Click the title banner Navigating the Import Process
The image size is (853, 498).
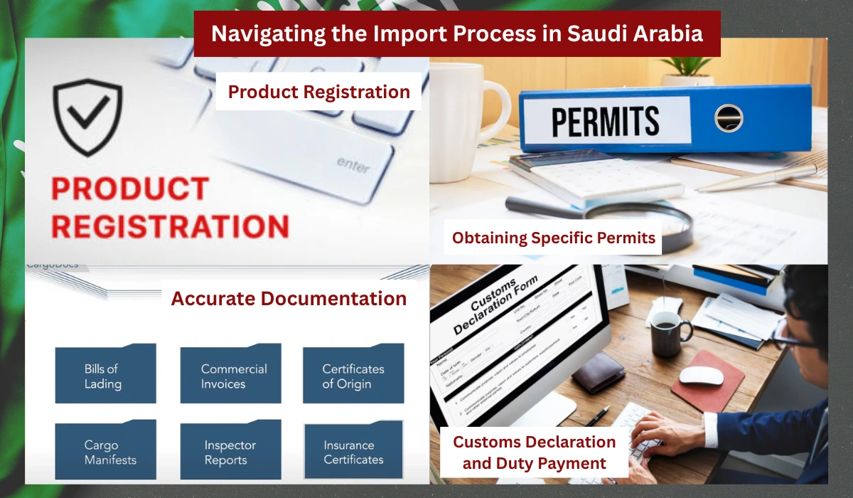click(457, 33)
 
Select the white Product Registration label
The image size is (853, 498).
click(318, 92)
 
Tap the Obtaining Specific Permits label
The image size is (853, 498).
click(554, 238)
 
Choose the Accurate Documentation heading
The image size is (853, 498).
click(289, 298)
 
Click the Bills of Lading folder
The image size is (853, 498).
click(105, 374)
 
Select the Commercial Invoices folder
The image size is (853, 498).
click(231, 374)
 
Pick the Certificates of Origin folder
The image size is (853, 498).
click(353, 374)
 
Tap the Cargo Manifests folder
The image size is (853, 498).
click(105, 451)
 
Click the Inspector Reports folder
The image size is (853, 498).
click(231, 451)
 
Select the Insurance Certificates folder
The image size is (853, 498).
click(353, 451)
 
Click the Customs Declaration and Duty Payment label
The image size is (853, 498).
click(535, 452)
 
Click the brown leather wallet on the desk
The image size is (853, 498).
click(599, 371)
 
